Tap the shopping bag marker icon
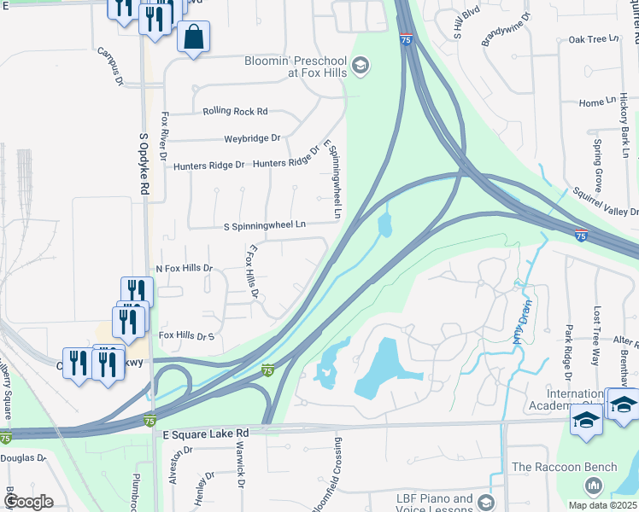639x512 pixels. click(x=193, y=37)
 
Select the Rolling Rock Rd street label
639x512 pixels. click(x=235, y=111)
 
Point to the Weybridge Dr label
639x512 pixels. click(x=252, y=137)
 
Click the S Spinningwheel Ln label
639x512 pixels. click(x=264, y=225)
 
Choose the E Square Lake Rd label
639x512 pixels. click(x=205, y=433)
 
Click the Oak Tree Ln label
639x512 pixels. click(x=593, y=39)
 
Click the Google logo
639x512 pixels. click(x=28, y=501)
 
